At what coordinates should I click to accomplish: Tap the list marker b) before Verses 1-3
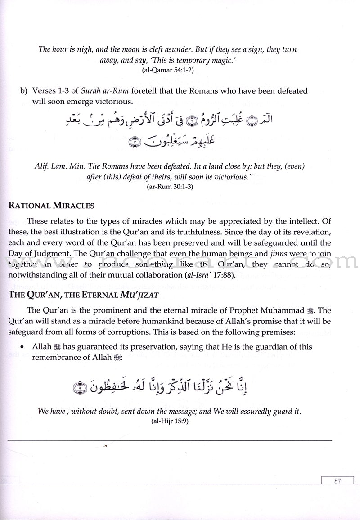(23, 91)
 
